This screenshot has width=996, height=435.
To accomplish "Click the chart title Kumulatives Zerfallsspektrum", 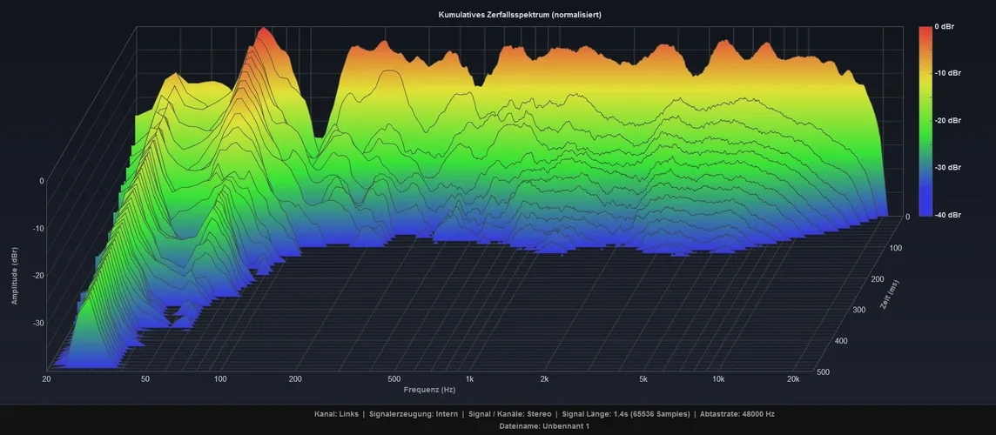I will [x=520, y=15].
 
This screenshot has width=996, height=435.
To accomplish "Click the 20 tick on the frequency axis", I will [x=45, y=379].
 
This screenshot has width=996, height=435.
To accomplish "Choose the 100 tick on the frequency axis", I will [x=220, y=379].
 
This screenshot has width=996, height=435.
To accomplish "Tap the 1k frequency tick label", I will [x=469, y=379].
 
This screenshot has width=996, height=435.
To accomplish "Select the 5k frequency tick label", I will [x=643, y=379].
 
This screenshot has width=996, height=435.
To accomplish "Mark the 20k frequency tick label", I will [x=794, y=379].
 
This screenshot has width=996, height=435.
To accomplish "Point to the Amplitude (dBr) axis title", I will [x=15, y=276].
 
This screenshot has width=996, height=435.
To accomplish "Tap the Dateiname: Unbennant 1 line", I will [x=544, y=426].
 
